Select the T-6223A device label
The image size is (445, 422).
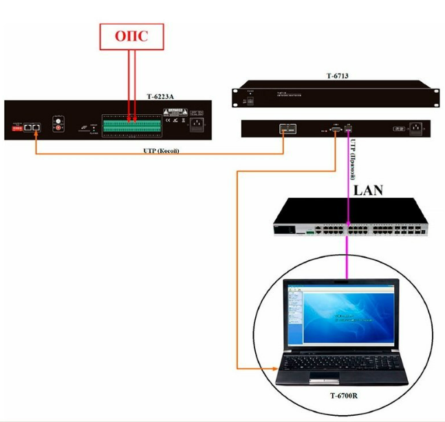pyautogui.click(x=161, y=98)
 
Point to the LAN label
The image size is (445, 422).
pyautogui.click(x=368, y=190)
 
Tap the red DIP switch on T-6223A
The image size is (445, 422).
pyautogui.click(x=14, y=127)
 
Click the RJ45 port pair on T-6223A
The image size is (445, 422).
pyautogui.click(x=32, y=127)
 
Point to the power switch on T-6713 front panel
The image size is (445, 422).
pyautogui.click(x=251, y=100)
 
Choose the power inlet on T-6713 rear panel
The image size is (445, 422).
pyautogui.click(x=416, y=129)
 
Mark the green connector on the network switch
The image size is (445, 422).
pyautogui.click(x=310, y=232)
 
